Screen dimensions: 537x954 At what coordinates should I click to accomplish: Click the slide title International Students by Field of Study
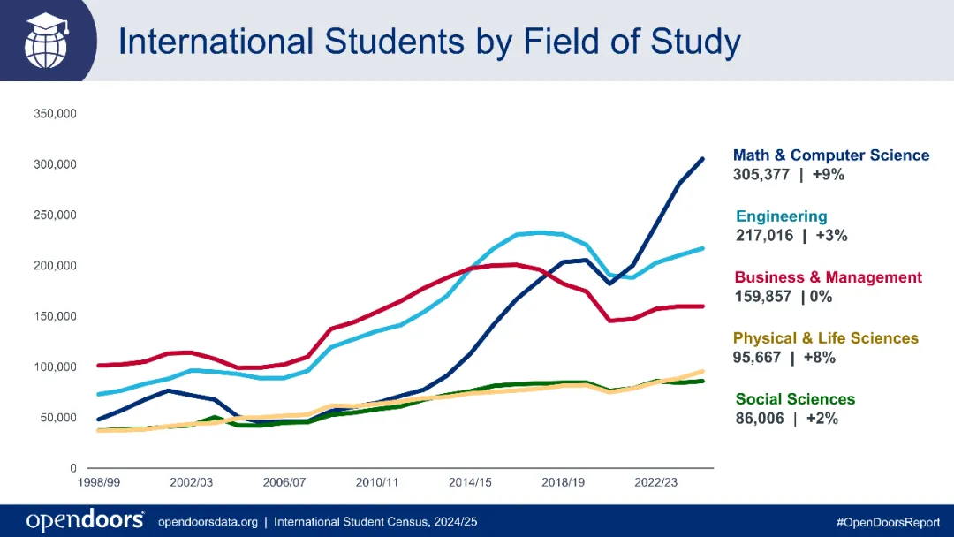pos(429,42)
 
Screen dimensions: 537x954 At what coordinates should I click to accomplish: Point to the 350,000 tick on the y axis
pos(56,114)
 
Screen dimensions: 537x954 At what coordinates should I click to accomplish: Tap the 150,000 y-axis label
pos(56,316)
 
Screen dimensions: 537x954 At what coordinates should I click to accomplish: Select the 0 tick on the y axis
pos(73,468)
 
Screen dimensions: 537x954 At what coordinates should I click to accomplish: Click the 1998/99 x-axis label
pos(99,483)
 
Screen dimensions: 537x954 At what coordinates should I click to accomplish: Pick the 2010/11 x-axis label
pos(377,483)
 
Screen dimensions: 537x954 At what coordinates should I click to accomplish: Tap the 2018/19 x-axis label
pos(564,483)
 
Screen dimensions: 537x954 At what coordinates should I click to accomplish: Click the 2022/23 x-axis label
pos(656,483)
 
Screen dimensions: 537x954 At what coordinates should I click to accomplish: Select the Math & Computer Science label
pos(831,155)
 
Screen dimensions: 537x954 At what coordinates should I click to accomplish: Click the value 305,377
pos(761,175)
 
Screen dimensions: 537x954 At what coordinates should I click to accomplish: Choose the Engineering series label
pos(782,216)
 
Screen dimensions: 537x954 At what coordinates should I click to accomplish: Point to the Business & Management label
pos(828,277)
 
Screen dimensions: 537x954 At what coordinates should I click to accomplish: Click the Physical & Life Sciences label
pos(826,338)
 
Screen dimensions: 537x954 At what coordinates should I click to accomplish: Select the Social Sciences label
pos(795,399)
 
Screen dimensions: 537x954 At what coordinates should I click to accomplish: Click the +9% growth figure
pos(829,175)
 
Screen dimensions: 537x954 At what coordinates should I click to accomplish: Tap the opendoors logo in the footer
pos(85,521)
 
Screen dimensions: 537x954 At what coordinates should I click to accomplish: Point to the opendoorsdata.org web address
pos(208,522)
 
